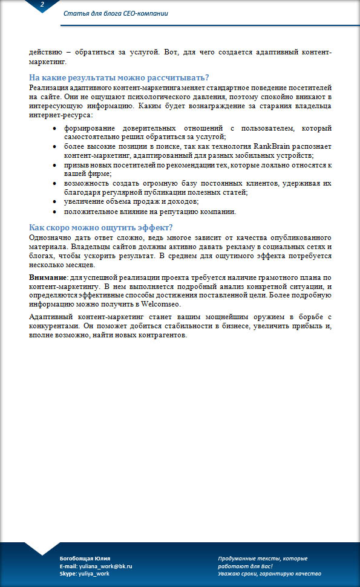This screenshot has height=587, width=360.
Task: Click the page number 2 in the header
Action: point(42,5)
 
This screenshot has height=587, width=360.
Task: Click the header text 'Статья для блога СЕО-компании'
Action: point(116,14)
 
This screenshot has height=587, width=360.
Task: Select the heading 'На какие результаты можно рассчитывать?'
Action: point(119,78)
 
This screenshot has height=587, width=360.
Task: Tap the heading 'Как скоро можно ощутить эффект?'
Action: point(101,227)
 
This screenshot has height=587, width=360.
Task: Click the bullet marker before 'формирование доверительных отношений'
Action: point(55,129)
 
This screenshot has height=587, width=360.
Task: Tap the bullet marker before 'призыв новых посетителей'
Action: point(55,165)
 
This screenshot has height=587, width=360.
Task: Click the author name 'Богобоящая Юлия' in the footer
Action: point(85,557)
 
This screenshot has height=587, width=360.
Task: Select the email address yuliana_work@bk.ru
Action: point(105,566)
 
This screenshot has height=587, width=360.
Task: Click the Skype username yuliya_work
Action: point(94,574)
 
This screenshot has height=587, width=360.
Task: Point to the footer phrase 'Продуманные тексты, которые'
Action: point(263,557)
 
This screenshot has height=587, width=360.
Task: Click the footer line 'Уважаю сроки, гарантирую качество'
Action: point(269,574)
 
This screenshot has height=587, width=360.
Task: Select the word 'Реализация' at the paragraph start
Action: point(48,88)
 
